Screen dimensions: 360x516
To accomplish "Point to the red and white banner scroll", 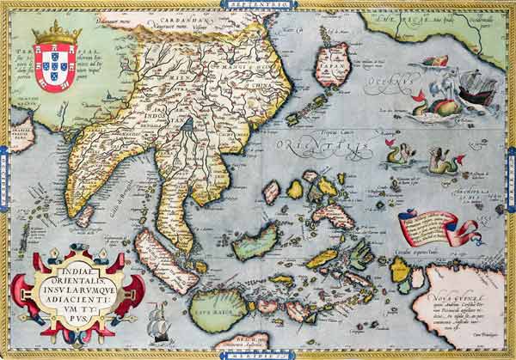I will [433, 229].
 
